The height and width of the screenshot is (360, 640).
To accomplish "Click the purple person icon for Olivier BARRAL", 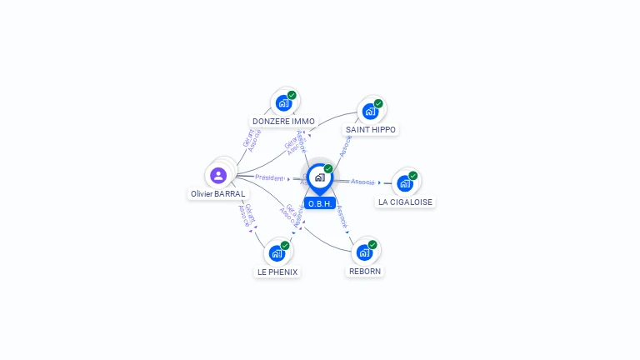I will coord(218,175).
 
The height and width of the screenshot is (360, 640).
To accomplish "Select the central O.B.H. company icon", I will coord(319,177).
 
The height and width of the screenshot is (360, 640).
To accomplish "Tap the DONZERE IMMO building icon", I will coord(283,103).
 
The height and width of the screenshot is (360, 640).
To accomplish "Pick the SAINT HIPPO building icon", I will coord(370,111).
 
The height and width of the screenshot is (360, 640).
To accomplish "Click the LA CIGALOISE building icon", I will coord(405,183).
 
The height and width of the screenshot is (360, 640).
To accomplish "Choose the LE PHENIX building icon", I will coord(277,253).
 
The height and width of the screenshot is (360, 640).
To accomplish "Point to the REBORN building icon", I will coord(364,252).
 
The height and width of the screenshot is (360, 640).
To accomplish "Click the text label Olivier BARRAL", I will coord(218,193).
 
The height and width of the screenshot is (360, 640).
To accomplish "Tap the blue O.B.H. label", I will coord(320,203).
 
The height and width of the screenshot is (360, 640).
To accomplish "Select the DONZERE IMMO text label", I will coord(283,122).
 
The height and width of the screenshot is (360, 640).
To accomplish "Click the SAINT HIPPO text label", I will coord(371,130).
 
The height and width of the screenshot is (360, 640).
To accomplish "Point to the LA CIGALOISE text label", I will coord(406,202).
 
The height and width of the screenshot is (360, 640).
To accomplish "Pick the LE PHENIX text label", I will coord(277,272).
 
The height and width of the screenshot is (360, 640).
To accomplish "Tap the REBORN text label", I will coord(365,271).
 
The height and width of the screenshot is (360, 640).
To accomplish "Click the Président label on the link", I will coord(270,177).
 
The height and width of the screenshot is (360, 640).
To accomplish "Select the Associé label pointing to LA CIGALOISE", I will coord(362,181).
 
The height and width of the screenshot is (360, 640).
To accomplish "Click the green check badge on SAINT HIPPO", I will coord(378,103).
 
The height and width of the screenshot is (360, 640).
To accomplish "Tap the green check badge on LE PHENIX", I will coord(285,246).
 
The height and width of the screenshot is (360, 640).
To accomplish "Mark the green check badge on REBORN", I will coord(372,245).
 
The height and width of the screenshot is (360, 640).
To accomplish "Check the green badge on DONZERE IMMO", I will coord(292,95).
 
